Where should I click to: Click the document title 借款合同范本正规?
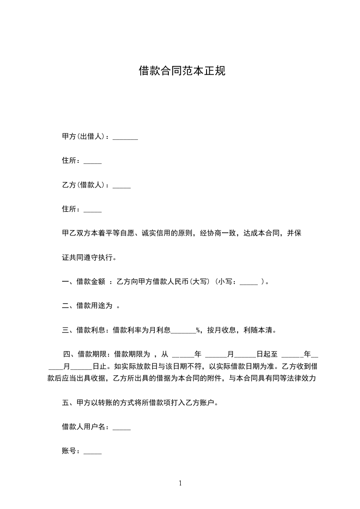pyautogui.click(x=182, y=71)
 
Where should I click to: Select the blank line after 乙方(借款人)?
pyautogui.click(x=121, y=186)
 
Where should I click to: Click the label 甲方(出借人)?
pyautogui.click(x=84, y=136)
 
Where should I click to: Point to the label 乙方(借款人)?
pyautogui.click(x=84, y=185)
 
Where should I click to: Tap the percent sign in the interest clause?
pyautogui.click(x=198, y=330)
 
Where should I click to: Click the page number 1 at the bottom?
pyautogui.click(x=180, y=483)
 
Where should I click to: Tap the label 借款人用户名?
pyautogui.click(x=84, y=427)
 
